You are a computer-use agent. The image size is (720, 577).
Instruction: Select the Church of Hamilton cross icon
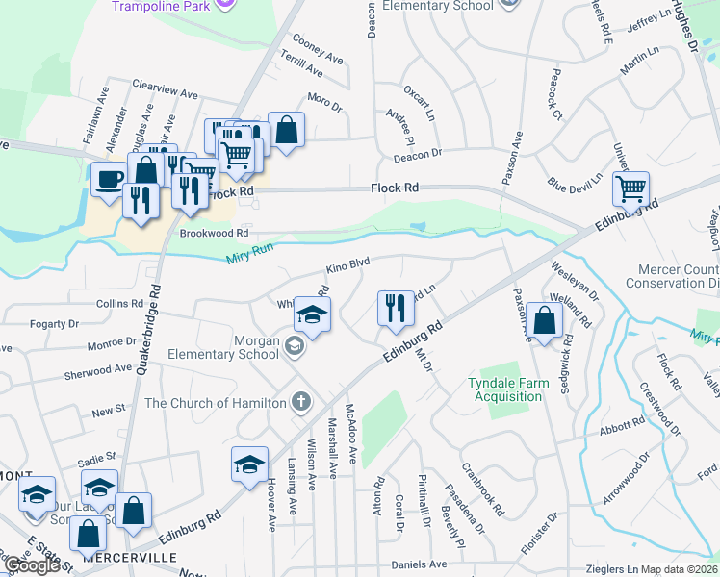(301, 401)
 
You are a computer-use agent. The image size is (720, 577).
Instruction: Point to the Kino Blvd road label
(347, 262)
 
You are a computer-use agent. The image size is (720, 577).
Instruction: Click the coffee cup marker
(108, 178)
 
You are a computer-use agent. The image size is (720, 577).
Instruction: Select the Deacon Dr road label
(416, 153)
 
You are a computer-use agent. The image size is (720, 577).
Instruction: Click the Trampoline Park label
(160, 6)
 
